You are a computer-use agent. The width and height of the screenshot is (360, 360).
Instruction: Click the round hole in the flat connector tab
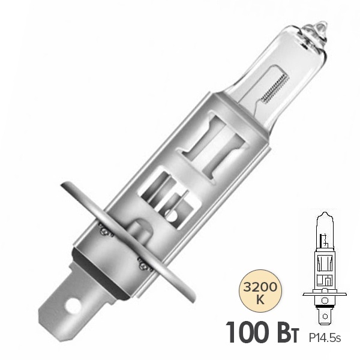pos(73,305)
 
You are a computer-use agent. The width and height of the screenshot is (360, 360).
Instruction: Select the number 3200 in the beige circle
pos(260,287)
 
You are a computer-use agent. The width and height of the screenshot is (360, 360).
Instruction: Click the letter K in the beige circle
pos(260,299)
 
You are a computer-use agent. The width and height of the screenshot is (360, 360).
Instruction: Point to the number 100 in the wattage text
pos(251,333)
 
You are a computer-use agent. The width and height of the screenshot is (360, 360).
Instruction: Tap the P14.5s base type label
pos(325,338)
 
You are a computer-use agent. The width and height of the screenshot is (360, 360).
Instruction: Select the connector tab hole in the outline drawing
pos(325,317)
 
